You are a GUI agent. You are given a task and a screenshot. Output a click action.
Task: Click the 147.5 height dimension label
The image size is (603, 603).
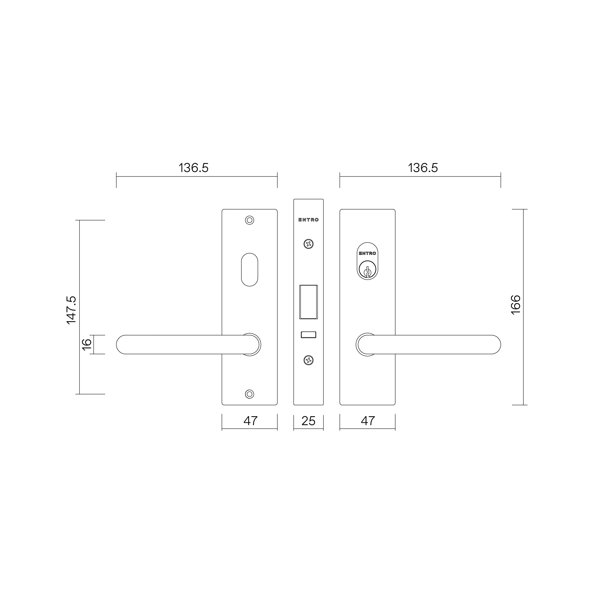(71, 310)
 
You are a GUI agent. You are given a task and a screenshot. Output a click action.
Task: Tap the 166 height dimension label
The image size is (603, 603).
(516, 305)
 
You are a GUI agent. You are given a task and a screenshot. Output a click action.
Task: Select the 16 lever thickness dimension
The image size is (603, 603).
(87, 344)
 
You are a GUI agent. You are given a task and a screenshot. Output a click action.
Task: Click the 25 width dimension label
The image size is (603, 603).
(308, 421)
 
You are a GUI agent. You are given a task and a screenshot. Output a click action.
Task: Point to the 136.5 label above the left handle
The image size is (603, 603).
(193, 168)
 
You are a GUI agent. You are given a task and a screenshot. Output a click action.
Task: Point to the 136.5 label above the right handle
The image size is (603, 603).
(423, 168)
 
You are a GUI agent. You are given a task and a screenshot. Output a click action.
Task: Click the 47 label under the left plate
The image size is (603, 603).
(250, 421)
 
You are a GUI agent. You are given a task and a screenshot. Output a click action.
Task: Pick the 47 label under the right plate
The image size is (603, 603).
(368, 421)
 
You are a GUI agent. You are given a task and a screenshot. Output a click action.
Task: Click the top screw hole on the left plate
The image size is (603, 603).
(249, 220)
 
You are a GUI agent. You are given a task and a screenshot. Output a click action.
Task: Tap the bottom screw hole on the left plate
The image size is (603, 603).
(249, 394)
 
